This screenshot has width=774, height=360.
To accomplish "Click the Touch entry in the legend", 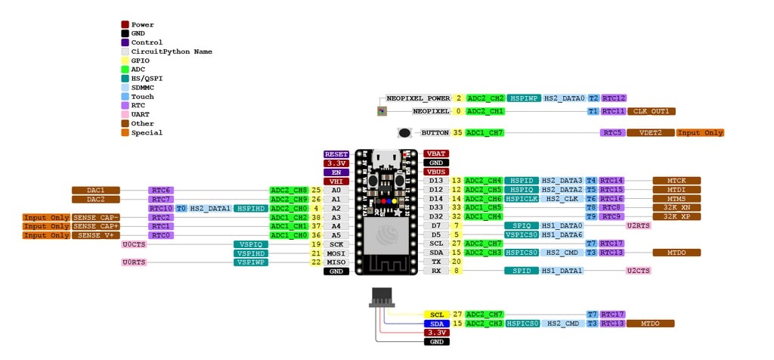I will tap(142, 97).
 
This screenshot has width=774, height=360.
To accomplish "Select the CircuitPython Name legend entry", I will tap(171, 51).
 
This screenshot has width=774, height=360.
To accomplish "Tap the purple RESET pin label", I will tap(336, 154).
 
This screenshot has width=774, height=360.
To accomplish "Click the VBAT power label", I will tap(436, 154).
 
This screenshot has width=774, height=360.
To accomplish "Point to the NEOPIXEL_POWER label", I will tap(418, 98).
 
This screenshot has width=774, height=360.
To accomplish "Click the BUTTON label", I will tap(435, 132).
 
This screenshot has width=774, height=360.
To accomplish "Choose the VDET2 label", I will tap(651, 132).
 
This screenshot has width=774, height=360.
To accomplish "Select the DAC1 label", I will tap(96, 190).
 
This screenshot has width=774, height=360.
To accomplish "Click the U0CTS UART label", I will tap(134, 244).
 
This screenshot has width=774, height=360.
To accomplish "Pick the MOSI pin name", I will tap(336, 253).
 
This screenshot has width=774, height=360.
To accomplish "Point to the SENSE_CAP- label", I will tap(96, 217).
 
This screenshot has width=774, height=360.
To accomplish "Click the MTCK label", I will tap(676, 181).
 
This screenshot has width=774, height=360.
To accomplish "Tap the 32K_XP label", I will tap(676, 216).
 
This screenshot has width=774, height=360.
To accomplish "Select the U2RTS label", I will tap(638, 225).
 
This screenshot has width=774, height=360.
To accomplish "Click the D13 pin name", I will tap(436, 181).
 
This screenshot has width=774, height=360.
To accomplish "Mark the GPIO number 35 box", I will tap(457, 132).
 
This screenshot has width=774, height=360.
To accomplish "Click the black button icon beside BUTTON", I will tap(405, 133).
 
